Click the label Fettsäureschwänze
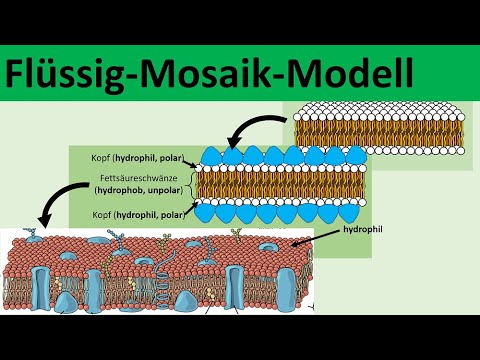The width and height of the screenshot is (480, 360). (x=136, y=177)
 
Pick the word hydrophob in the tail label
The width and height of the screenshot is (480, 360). (x=118, y=189)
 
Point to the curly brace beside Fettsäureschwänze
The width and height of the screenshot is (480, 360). (x=189, y=183)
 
